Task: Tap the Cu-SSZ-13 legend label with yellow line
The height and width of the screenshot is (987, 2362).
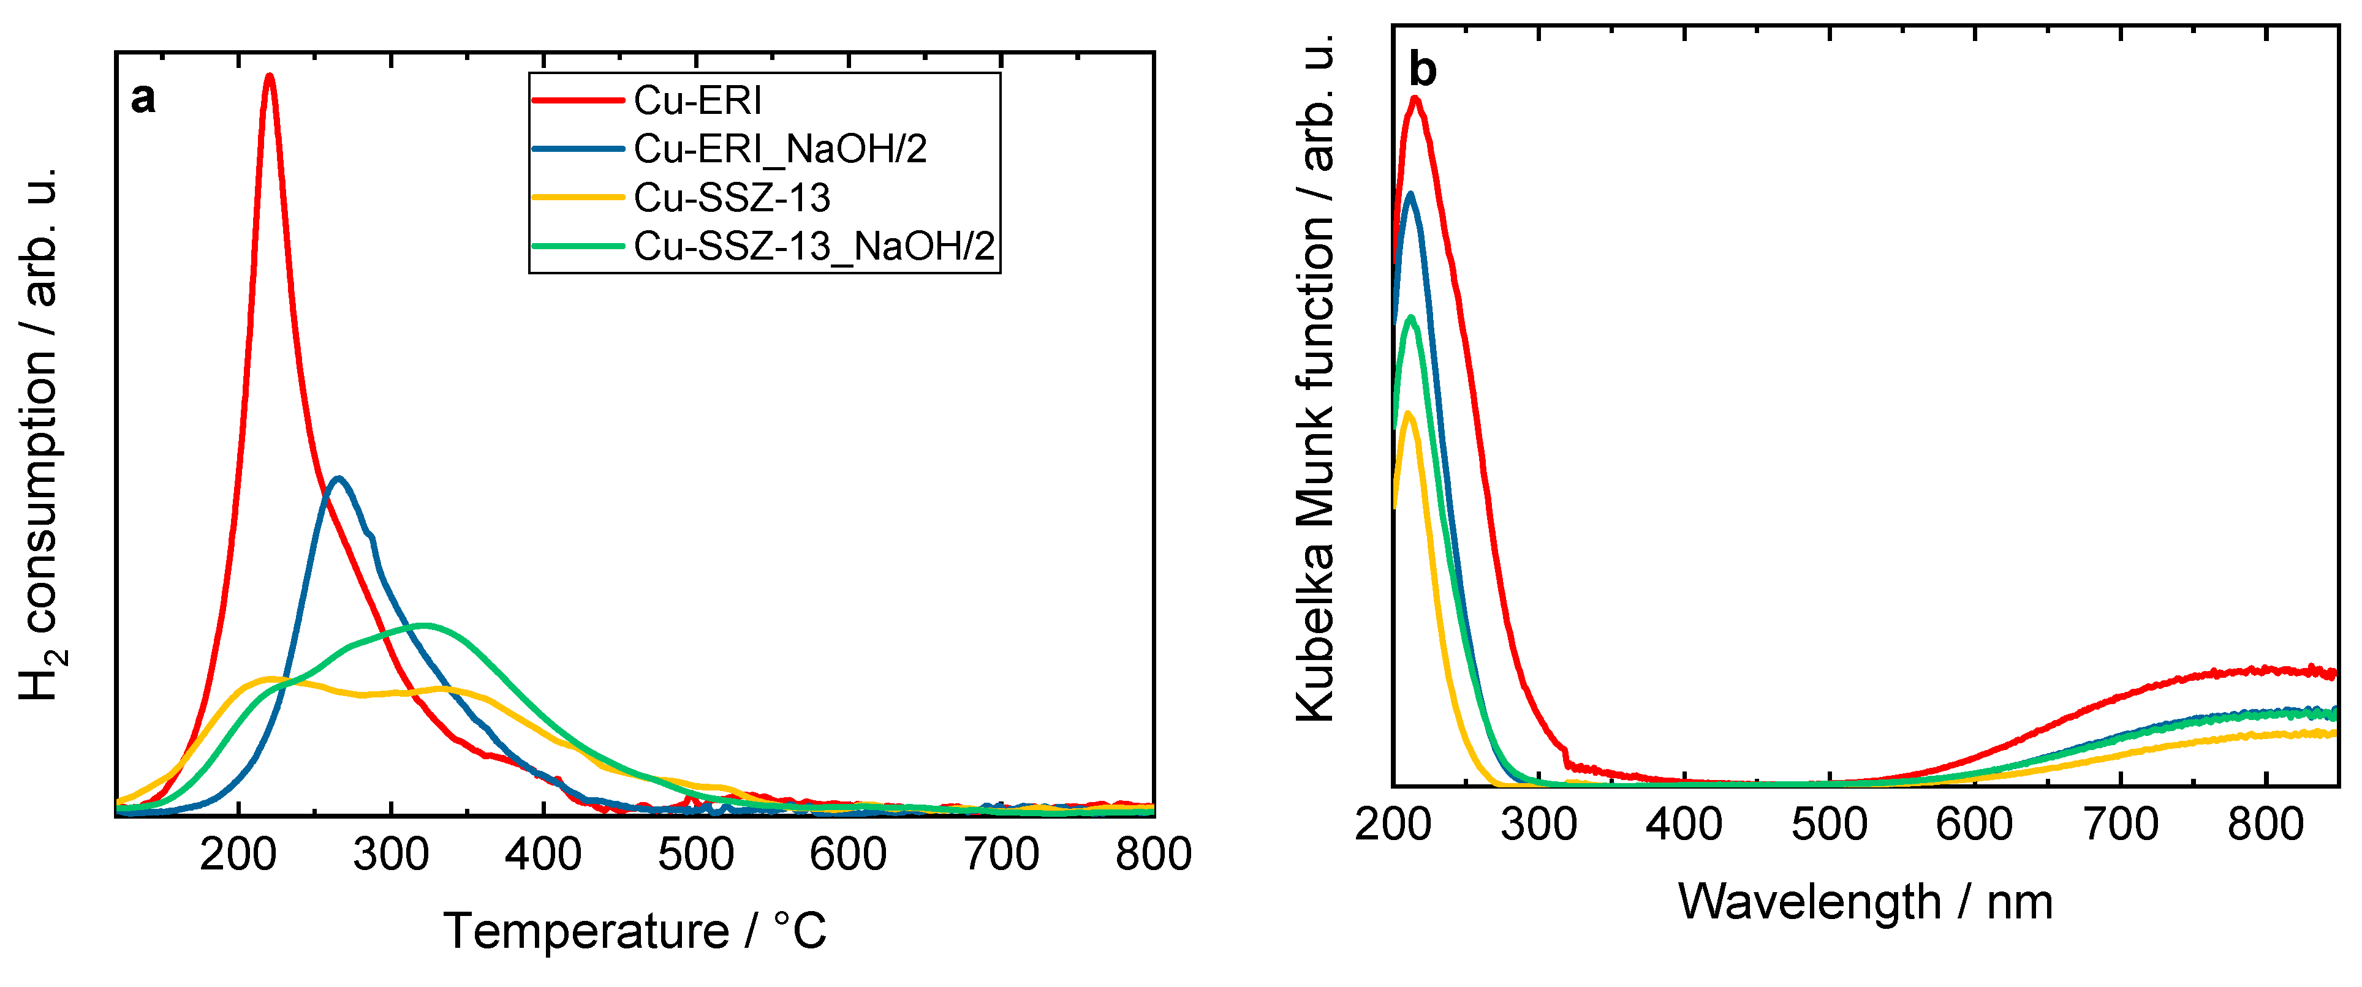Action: [x=732, y=198]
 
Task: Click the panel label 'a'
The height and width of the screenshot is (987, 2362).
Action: [x=143, y=98]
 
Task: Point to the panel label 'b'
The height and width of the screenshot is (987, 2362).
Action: [x=1422, y=70]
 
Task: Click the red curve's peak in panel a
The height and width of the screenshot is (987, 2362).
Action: [x=268, y=77]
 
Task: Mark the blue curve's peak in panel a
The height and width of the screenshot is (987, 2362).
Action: [x=338, y=478]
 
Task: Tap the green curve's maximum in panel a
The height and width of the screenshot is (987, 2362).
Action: [x=422, y=626]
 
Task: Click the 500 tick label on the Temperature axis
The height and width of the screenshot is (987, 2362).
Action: [x=695, y=855]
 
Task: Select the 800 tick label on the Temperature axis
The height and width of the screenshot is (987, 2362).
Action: [x=1153, y=855]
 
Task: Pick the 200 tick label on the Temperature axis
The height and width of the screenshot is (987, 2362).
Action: [x=238, y=855]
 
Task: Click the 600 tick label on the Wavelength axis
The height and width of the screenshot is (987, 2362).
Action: [x=1974, y=825]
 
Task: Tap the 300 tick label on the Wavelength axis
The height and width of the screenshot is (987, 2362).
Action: [x=1538, y=825]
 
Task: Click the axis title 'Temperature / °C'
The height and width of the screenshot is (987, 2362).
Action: [x=635, y=932]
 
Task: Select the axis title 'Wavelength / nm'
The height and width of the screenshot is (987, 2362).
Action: [x=1865, y=903]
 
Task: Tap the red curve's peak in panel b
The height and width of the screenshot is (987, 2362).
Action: [x=1415, y=99]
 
